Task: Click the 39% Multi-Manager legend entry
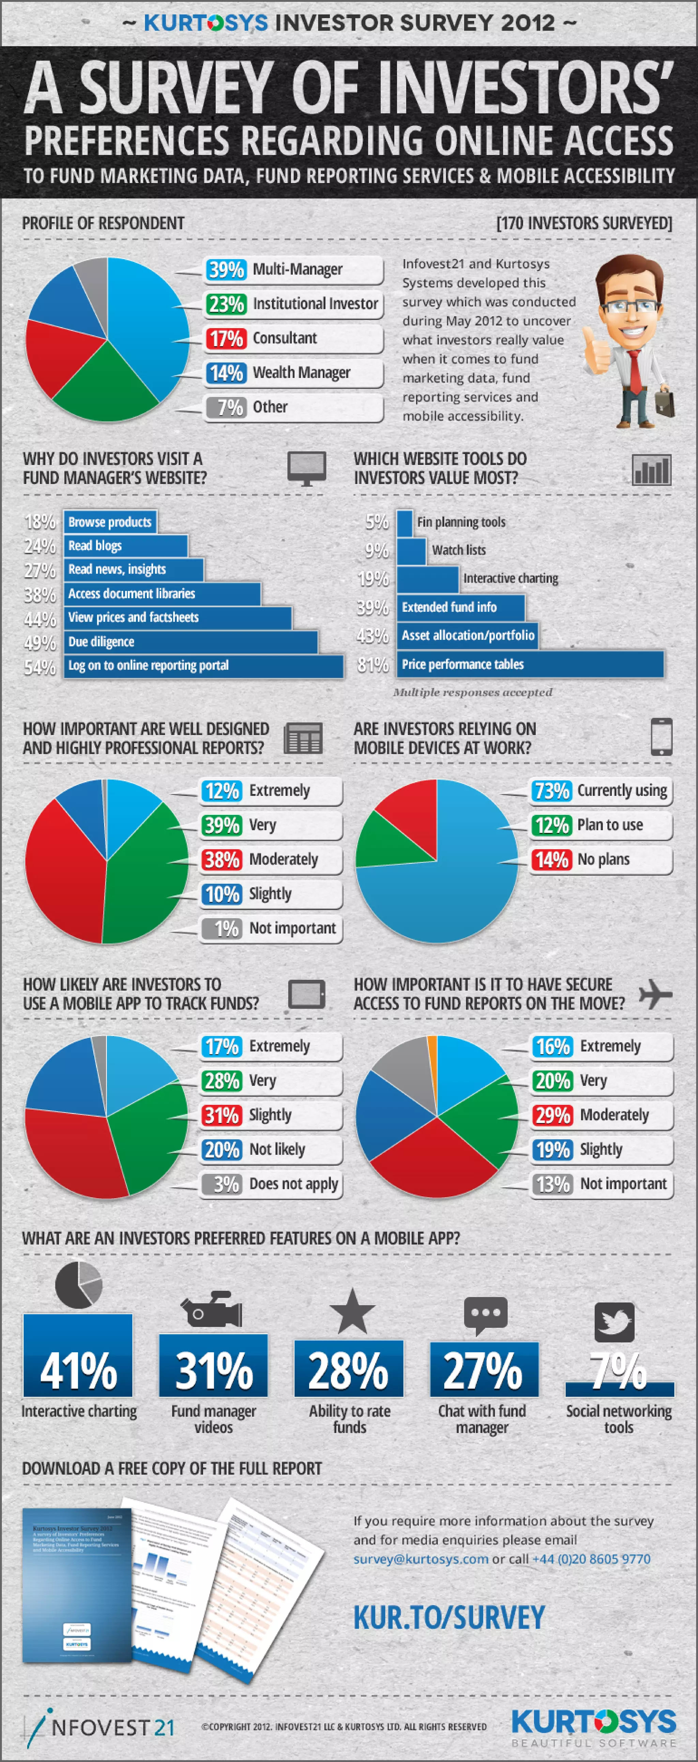293,270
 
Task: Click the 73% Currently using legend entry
601,791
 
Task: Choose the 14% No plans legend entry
601,860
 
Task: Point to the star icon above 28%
352,1311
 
